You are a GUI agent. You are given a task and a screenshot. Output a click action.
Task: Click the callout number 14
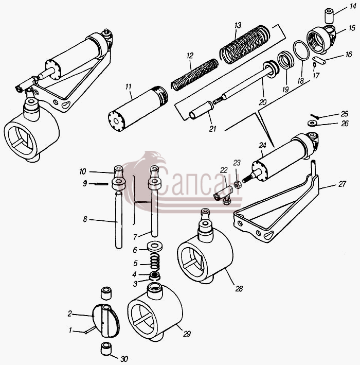tap(353, 6)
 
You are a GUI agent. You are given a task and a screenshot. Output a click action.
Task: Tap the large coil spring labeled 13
tap(245, 45)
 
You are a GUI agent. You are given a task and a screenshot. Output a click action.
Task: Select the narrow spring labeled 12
tap(194, 74)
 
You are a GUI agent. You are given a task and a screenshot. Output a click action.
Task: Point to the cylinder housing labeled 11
tap(138, 109)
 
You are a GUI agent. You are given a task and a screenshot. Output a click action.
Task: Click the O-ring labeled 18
tap(301, 50)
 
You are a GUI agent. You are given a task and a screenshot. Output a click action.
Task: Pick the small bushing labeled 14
tap(329, 16)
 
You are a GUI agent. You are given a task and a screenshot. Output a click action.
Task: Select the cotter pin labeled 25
tap(314, 116)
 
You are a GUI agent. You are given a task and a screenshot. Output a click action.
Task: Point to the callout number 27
tap(342, 184)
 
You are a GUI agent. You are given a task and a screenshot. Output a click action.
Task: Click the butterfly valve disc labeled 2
tap(106, 321)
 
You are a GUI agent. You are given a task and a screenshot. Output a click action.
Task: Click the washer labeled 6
tap(154, 246)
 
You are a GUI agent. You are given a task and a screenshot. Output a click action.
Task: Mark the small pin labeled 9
tap(101, 184)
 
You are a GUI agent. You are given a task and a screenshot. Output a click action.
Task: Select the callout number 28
tap(239, 288)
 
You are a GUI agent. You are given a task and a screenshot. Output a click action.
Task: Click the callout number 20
tap(263, 102)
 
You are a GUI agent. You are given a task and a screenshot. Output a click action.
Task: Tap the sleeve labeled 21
tap(202, 109)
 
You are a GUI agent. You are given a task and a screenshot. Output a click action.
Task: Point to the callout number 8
tap(85, 219)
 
